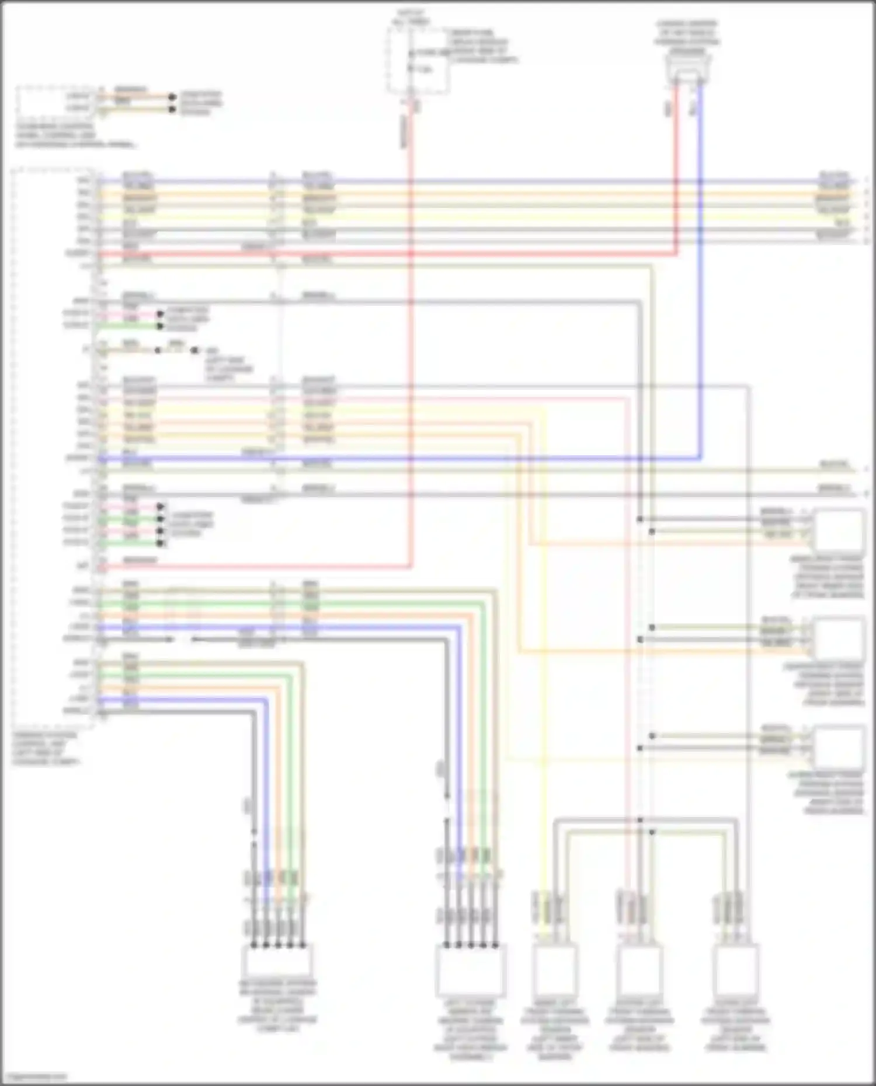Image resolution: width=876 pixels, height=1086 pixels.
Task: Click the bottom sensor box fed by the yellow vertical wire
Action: (x=554, y=969)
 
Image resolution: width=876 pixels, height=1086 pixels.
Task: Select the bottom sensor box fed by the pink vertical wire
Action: (x=639, y=969)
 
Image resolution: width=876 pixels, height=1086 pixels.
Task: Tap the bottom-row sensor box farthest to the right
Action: (x=736, y=969)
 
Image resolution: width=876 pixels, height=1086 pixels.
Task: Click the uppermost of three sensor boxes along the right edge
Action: (x=839, y=530)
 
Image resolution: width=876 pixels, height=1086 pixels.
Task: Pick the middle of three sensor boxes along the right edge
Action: (x=839, y=638)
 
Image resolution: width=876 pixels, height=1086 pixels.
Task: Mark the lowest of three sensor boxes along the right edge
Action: (x=839, y=747)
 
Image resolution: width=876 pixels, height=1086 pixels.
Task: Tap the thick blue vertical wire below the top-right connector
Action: (x=700, y=292)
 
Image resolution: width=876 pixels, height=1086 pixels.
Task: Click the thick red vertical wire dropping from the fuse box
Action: (x=411, y=350)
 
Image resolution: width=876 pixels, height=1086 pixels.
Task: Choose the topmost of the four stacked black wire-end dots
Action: (x=161, y=507)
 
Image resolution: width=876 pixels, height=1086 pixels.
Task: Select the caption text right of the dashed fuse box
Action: (x=482, y=47)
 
